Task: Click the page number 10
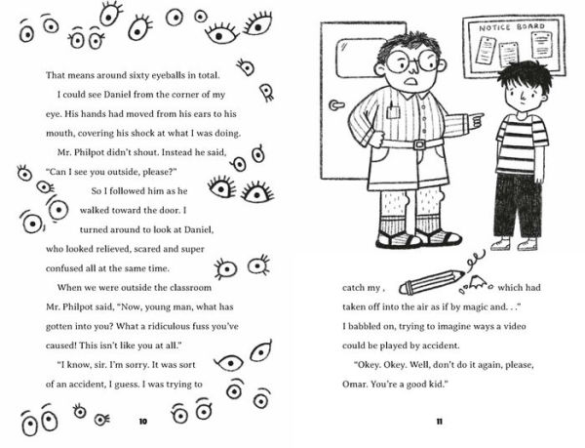coord(142,421)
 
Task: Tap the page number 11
coord(439,421)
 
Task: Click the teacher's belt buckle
coord(420,143)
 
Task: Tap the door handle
coord(335,104)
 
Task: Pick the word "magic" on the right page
coord(507,310)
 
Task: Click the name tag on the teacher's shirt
coord(393,112)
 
